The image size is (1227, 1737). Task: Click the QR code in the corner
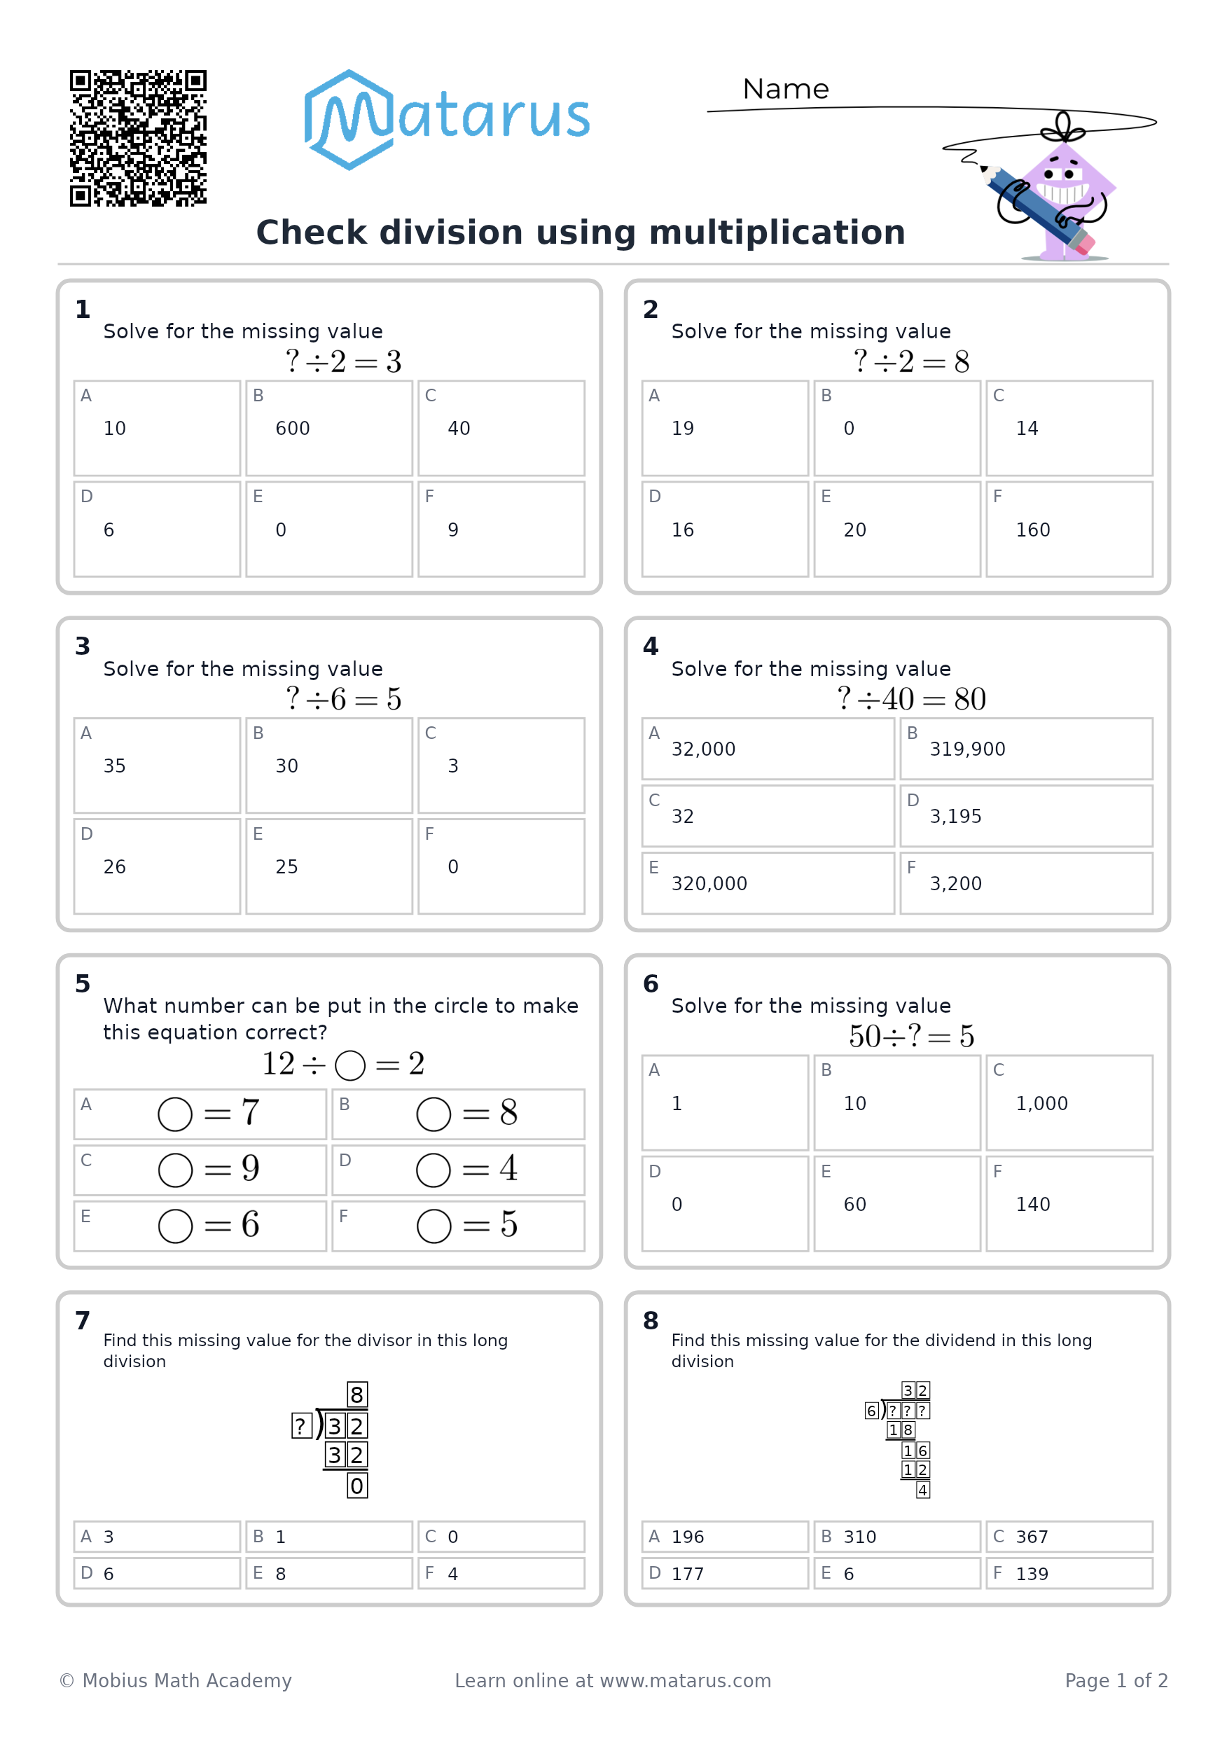138,138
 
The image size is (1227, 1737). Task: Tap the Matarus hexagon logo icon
349,120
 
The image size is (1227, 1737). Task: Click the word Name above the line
785,89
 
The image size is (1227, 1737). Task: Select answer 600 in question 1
292,428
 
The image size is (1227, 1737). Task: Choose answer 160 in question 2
1032,530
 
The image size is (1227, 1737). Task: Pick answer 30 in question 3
286,766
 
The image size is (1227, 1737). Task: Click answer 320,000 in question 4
709,883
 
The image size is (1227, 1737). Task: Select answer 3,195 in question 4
955,815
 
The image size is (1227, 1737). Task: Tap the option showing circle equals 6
209,1225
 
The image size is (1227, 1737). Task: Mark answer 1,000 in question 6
1041,1103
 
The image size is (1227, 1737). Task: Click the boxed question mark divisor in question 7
302,1425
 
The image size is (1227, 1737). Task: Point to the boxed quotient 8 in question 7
357,1394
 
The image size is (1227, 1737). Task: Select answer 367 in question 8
1032,1537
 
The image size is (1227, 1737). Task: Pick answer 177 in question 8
688,1574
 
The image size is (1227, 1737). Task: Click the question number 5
83,983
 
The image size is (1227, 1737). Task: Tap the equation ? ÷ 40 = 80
912,699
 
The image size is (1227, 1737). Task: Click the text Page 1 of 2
1116,1680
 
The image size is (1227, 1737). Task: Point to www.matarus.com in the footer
686,1680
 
